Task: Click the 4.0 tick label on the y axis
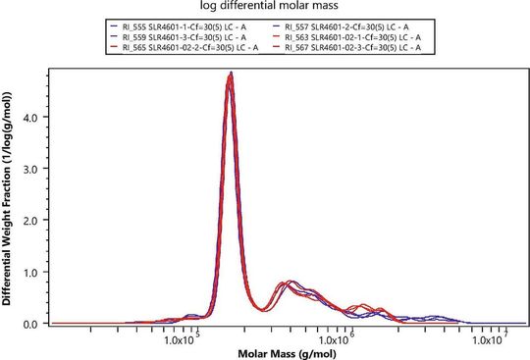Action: click(32, 118)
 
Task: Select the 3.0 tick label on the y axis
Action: click(32, 169)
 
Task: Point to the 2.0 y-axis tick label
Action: click(32, 221)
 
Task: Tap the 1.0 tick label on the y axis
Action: click(32, 272)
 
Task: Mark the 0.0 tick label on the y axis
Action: click(32, 323)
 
